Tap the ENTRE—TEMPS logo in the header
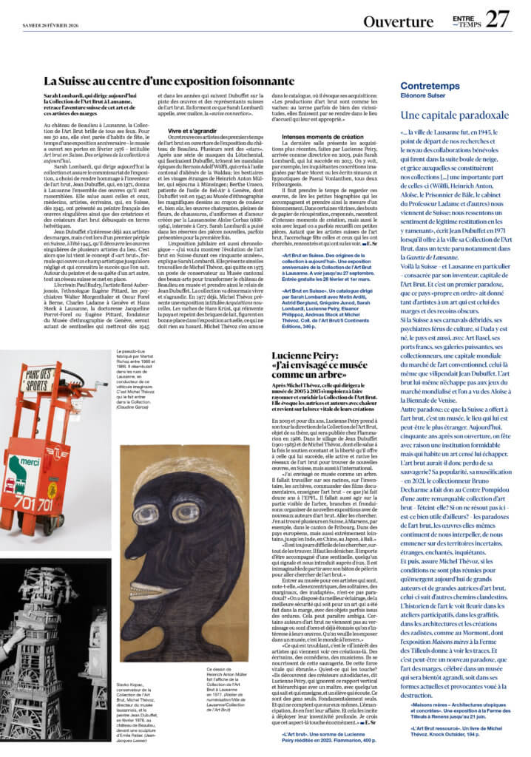[x=463, y=21]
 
